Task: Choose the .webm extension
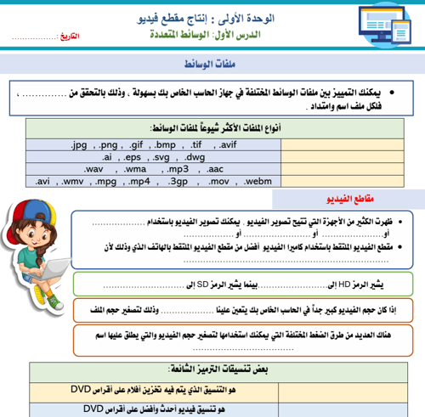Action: coord(256,181)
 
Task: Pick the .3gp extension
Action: coord(178,181)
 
